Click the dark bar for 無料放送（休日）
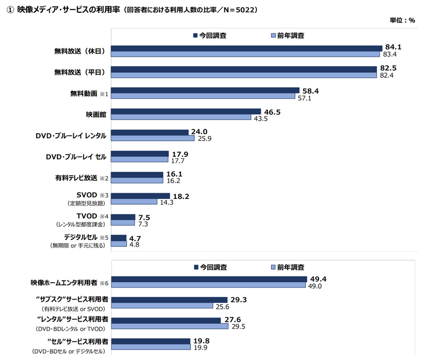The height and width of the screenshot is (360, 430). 247,48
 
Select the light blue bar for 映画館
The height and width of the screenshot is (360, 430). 181,118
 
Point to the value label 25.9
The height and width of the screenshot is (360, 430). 205,139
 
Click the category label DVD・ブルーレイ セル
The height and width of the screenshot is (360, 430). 76,156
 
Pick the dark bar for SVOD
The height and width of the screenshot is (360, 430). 140,196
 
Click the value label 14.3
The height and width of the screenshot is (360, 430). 168,202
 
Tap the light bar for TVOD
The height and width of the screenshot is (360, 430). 123,223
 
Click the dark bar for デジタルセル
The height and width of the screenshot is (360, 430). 119,238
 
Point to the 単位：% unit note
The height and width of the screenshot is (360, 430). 402,20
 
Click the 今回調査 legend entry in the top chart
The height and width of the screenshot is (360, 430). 209,36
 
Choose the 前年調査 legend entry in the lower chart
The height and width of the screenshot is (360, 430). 287,267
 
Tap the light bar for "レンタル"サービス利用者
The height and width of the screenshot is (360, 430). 169,326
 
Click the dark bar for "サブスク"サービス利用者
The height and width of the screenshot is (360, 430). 169,300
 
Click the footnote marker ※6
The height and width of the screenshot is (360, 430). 104,283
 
